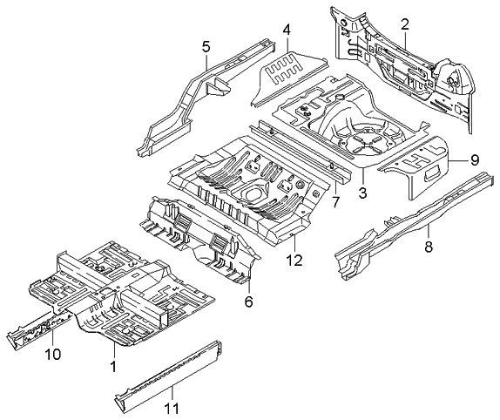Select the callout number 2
pyautogui.click(x=404, y=24)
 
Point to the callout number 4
pyautogui.click(x=286, y=31)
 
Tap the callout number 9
pyautogui.click(x=475, y=159)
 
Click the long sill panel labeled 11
pyautogui.click(x=170, y=376)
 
